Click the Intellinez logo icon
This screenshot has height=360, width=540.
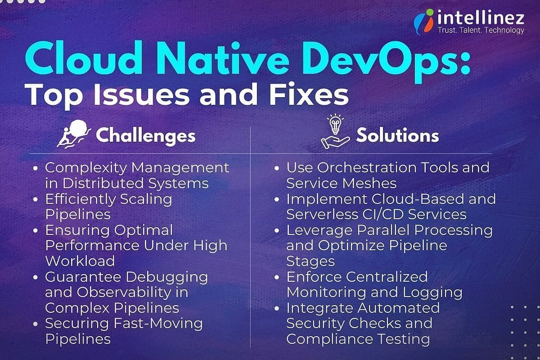(423, 23)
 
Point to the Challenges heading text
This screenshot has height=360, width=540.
(146, 135)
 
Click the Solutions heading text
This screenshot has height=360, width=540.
(397, 135)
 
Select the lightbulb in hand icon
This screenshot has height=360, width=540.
(335, 132)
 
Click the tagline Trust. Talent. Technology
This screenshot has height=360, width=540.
(481, 31)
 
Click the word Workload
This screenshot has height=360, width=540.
(80, 261)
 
